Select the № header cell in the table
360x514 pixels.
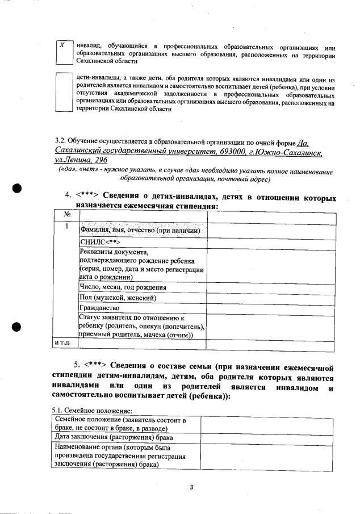[66, 215]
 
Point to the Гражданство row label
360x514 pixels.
[99, 308]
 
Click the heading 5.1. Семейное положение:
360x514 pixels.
[91, 410]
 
